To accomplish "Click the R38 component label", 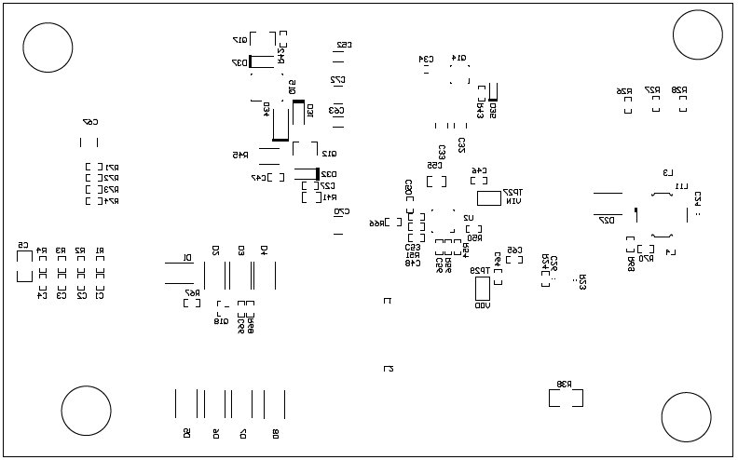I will pos(565,384).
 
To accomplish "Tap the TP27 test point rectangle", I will pos(489,198).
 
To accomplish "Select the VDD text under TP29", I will pos(482,306).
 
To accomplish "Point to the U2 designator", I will pos(469,218).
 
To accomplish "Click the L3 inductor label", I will pos(667,172).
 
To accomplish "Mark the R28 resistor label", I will pos(680,90).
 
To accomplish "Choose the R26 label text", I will pos(624,91).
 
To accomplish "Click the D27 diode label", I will pos(607,221).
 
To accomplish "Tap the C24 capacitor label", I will pos(697,198).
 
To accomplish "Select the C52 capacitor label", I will pos(344,45).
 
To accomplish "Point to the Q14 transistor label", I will pos(459,58).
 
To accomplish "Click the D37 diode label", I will pos(239,63).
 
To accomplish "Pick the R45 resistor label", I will pos(239,156).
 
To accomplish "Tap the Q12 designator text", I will pos(329,154).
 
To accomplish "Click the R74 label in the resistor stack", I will pos(112,201).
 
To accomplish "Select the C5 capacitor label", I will pos(22,246).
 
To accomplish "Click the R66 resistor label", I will pos(379,223).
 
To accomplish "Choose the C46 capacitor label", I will pos(480,171).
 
